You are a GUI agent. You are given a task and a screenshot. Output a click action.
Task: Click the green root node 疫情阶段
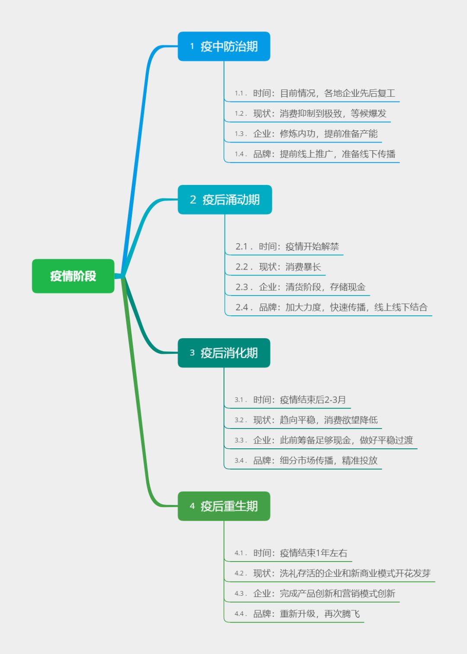(x=73, y=276)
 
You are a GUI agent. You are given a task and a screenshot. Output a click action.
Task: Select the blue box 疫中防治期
(x=224, y=46)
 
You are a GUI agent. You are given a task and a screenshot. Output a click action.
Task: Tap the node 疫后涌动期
(x=225, y=200)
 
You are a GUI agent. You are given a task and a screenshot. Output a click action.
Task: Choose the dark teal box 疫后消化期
(x=224, y=353)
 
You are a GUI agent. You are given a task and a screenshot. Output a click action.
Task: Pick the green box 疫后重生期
(x=224, y=506)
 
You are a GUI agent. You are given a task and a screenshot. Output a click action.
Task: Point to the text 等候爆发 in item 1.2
(x=368, y=114)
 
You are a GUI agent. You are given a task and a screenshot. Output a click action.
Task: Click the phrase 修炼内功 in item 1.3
(x=297, y=134)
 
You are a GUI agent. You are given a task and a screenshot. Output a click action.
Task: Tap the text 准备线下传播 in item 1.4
(x=368, y=154)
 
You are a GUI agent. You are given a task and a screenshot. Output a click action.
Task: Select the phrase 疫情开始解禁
(x=312, y=247)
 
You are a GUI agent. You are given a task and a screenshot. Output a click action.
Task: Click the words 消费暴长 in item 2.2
(x=303, y=267)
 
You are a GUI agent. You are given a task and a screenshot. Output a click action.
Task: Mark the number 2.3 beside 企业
(x=242, y=287)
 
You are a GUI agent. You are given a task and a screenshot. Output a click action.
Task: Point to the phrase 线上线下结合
(x=401, y=308)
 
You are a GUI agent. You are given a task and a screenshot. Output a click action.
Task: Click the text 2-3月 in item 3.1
(x=335, y=400)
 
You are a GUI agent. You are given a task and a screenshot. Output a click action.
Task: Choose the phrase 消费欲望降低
(x=351, y=420)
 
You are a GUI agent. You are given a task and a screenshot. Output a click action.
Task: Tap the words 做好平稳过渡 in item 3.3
(x=386, y=441)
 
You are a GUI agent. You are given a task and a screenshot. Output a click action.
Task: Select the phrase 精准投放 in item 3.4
(x=360, y=461)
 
